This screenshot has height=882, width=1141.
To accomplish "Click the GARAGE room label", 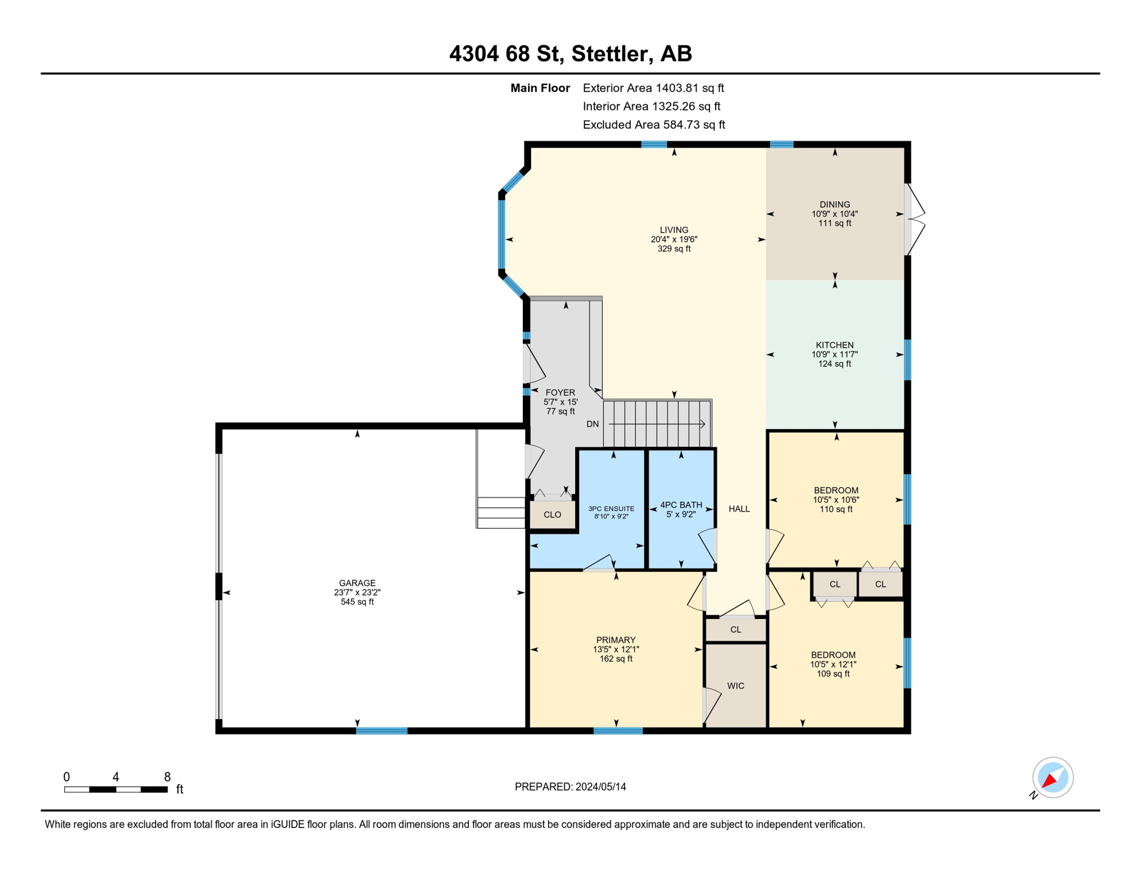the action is coord(357,583).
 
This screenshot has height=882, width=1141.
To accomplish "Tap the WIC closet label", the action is coord(735,686).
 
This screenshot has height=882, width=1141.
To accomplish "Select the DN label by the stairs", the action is coord(593,424).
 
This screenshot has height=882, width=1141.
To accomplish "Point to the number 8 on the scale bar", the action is coord(167,777).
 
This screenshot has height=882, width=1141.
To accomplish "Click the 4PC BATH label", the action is coord(681,505).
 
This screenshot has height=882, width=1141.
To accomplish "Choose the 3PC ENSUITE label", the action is coord(611,508).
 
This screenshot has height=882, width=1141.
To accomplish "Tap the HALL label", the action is coord(739,508).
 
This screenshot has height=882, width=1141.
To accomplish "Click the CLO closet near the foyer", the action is coord(553,514).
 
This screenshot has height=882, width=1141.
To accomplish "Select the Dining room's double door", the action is coord(914,219).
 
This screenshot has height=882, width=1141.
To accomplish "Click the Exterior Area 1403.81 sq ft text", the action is coord(653,88).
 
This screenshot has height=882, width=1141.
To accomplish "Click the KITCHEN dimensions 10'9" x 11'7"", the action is coord(835,354).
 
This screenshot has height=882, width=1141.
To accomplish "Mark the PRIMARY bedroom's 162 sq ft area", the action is coord(616,659).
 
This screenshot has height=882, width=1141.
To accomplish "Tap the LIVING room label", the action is coord(674,230).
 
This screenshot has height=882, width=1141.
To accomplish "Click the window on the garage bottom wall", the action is coord(382,730).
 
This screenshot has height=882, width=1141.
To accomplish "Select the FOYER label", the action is coord(560,393).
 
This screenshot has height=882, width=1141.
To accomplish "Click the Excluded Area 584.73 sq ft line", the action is coord(654,125).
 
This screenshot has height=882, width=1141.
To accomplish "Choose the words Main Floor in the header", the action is coord(540,88).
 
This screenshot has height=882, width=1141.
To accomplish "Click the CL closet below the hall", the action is coord(736,629).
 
